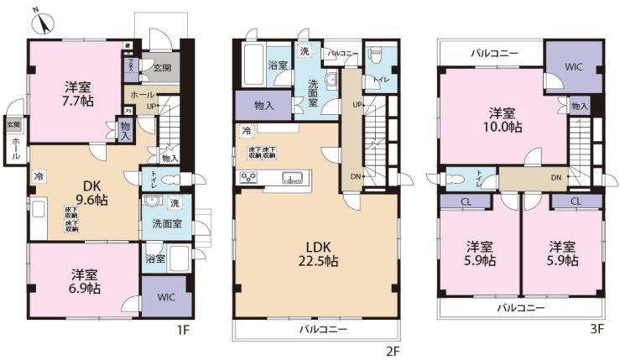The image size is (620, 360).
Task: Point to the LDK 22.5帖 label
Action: point(321,253)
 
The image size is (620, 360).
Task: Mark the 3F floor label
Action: point(596,330)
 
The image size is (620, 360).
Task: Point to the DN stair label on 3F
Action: point(556,178)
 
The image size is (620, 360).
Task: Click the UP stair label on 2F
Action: point(357,105)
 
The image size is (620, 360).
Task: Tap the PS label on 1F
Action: point(128,110)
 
